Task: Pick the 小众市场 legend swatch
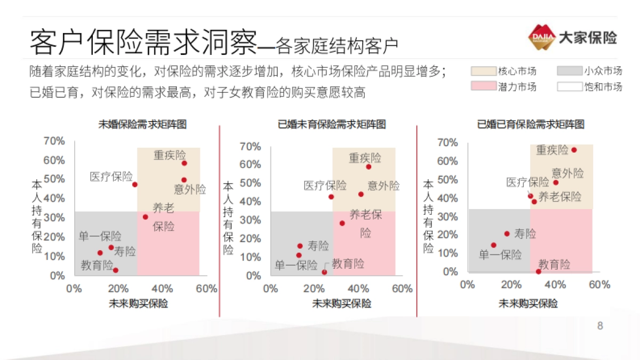point(569,71)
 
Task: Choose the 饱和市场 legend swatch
point(569,86)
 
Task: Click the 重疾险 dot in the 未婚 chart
point(185,163)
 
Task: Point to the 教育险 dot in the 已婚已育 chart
point(539,271)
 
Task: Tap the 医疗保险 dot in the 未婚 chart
point(135,185)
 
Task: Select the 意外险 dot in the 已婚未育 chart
point(361,194)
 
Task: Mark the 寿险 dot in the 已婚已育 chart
point(507,234)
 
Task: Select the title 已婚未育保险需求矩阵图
point(332,125)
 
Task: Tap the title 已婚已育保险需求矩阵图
point(531,125)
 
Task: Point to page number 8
point(600,326)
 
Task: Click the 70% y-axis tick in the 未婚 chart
point(54,141)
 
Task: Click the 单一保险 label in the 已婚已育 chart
point(500,255)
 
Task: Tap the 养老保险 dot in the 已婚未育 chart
point(342,223)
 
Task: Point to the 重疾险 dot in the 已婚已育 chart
point(574,150)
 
